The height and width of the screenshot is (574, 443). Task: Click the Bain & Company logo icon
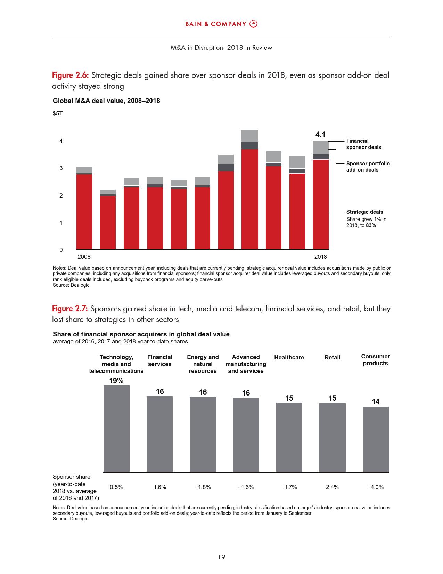[x=254, y=24]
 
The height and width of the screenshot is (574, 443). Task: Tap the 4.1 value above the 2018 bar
[x=320, y=134]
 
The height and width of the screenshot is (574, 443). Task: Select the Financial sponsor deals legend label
[x=363, y=144]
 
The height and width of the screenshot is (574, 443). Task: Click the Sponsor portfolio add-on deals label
[x=368, y=167]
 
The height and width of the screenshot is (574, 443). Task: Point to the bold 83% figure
[x=371, y=225]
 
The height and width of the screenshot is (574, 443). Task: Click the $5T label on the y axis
[x=58, y=114]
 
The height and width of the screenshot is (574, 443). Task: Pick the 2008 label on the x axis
[x=84, y=257]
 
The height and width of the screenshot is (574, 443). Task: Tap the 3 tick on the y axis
[x=61, y=168]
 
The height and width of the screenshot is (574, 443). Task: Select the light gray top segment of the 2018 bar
[x=321, y=147]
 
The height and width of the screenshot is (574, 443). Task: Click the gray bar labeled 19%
[x=116, y=428]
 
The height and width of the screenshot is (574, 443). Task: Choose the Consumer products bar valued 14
[x=376, y=439]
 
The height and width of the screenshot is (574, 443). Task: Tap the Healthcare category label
[x=289, y=357]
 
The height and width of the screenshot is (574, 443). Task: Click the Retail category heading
[x=332, y=357]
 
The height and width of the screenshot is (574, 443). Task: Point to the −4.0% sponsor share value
[x=375, y=487]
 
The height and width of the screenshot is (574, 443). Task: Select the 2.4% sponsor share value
[x=332, y=487]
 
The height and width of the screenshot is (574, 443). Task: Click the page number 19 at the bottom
[x=221, y=557]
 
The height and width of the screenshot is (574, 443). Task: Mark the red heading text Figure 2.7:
[x=70, y=309]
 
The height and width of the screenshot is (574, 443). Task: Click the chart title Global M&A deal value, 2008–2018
[x=106, y=101]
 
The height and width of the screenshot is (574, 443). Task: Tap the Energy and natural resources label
[x=203, y=364]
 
